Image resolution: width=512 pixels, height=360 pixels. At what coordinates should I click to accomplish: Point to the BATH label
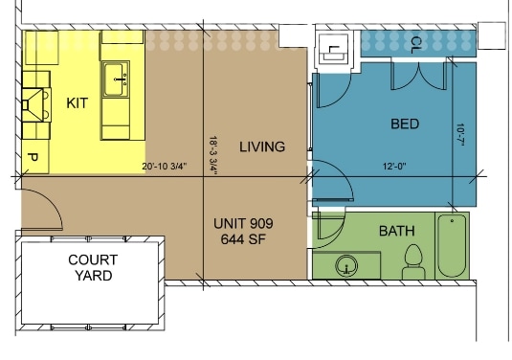[397, 231]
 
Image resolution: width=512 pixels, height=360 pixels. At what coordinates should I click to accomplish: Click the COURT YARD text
[91, 267]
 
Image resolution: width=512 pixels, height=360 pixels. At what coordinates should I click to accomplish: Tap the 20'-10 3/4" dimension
[169, 167]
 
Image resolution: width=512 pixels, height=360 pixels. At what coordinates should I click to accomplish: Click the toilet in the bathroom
[414, 259]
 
